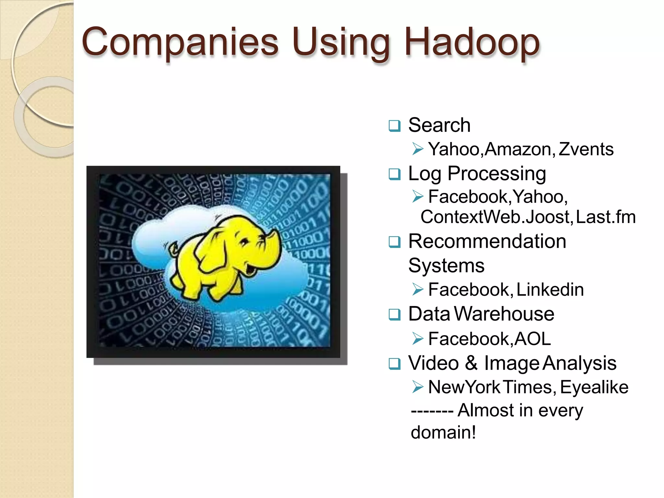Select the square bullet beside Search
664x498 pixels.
point(394,125)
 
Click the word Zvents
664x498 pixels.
point(586,149)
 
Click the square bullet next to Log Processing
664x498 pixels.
point(394,174)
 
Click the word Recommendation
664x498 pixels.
point(487,242)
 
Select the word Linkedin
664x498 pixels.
point(550,289)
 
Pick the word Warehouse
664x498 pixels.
point(504,314)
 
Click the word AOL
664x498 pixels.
point(532,339)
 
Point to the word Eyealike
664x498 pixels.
point(594,387)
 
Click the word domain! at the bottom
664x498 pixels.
point(443,433)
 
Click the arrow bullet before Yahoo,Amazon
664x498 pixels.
point(418,149)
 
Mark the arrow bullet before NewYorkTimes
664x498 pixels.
point(418,387)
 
